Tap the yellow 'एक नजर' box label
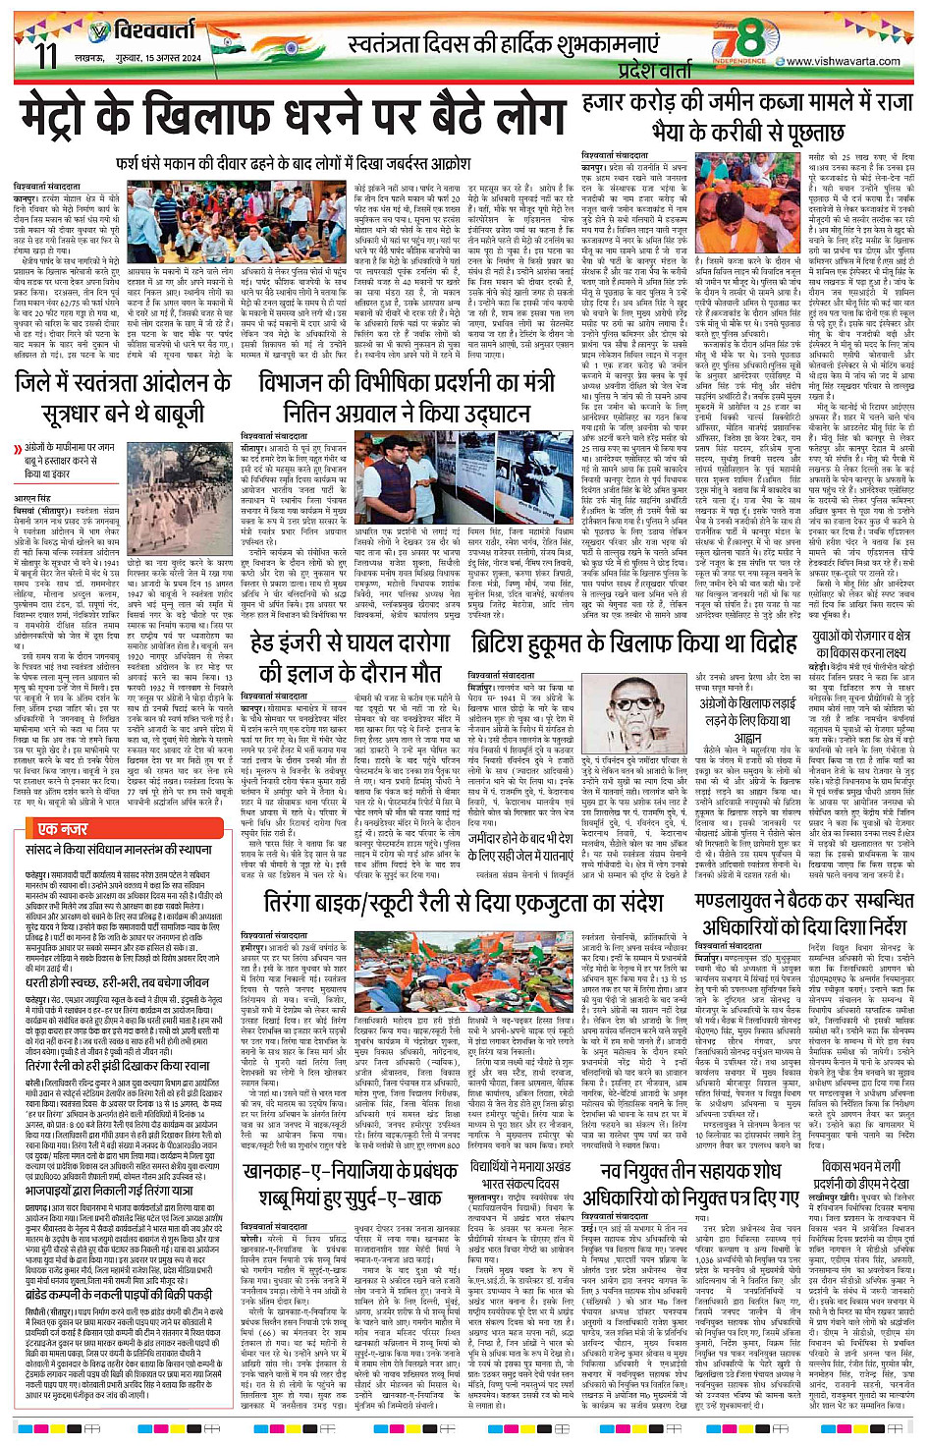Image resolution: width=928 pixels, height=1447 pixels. coord(62,830)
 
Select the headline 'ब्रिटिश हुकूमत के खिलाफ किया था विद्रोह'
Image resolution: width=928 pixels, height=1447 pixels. coord(633,644)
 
